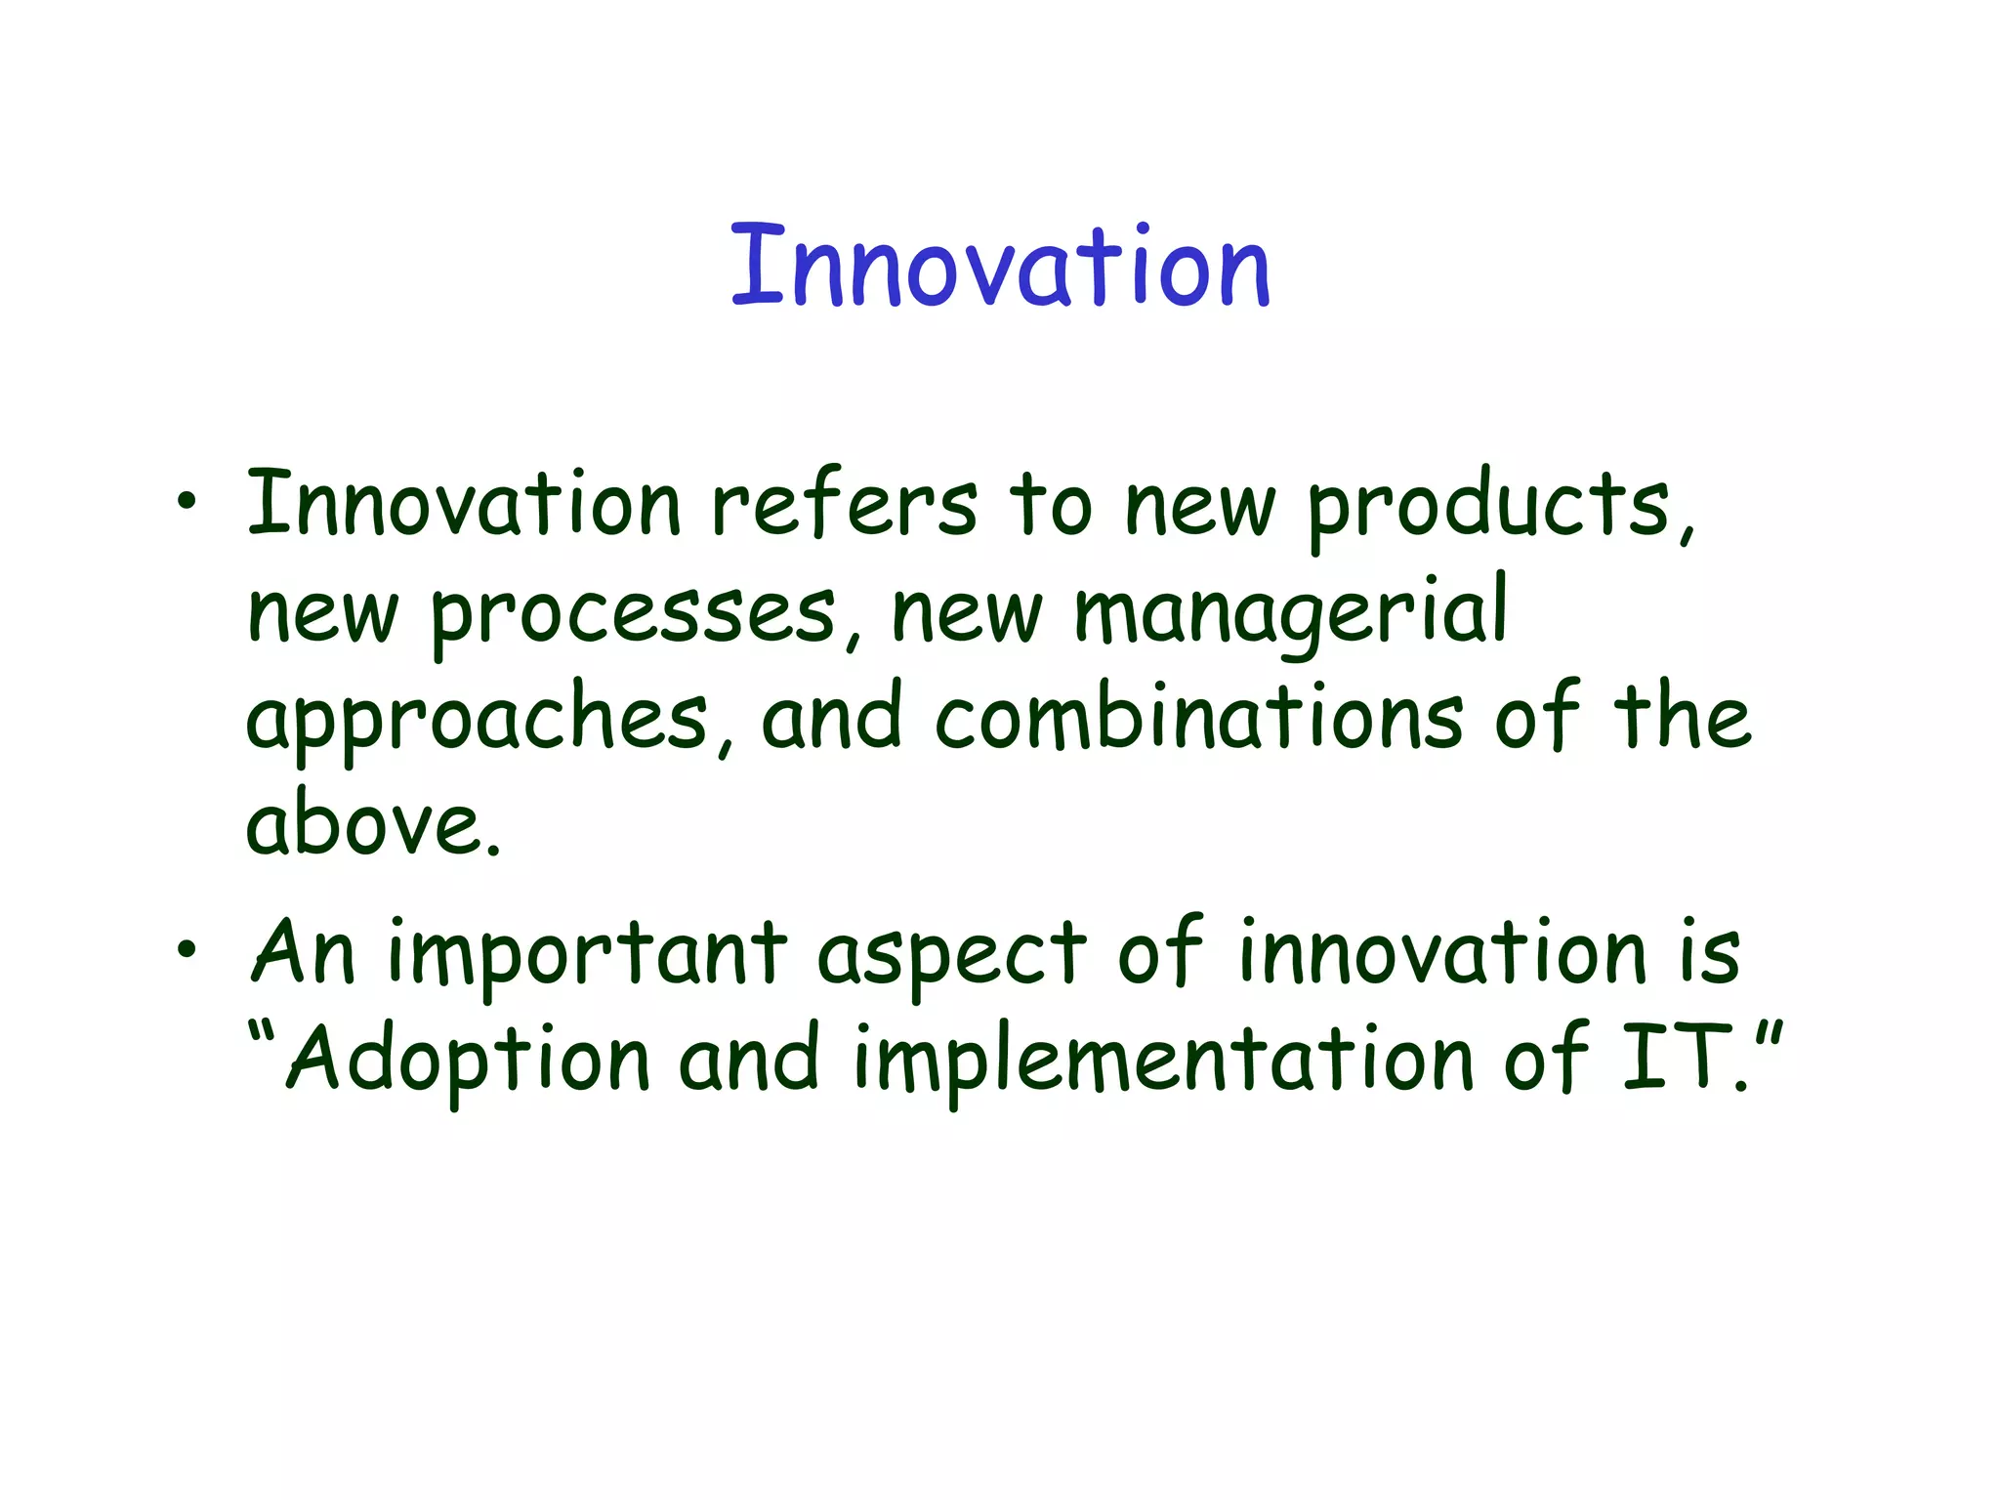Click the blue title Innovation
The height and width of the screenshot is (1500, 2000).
point(1000,266)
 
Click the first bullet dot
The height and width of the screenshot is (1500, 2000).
point(187,503)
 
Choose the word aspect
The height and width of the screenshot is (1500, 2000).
point(951,957)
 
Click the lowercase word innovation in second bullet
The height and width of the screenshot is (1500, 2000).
point(1443,952)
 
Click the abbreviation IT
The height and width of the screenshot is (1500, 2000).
point(1678,1058)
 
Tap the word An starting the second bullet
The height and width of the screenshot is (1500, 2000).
point(304,952)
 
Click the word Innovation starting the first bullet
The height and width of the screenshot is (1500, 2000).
point(464,505)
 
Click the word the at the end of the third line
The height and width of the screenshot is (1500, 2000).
point(1683,718)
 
